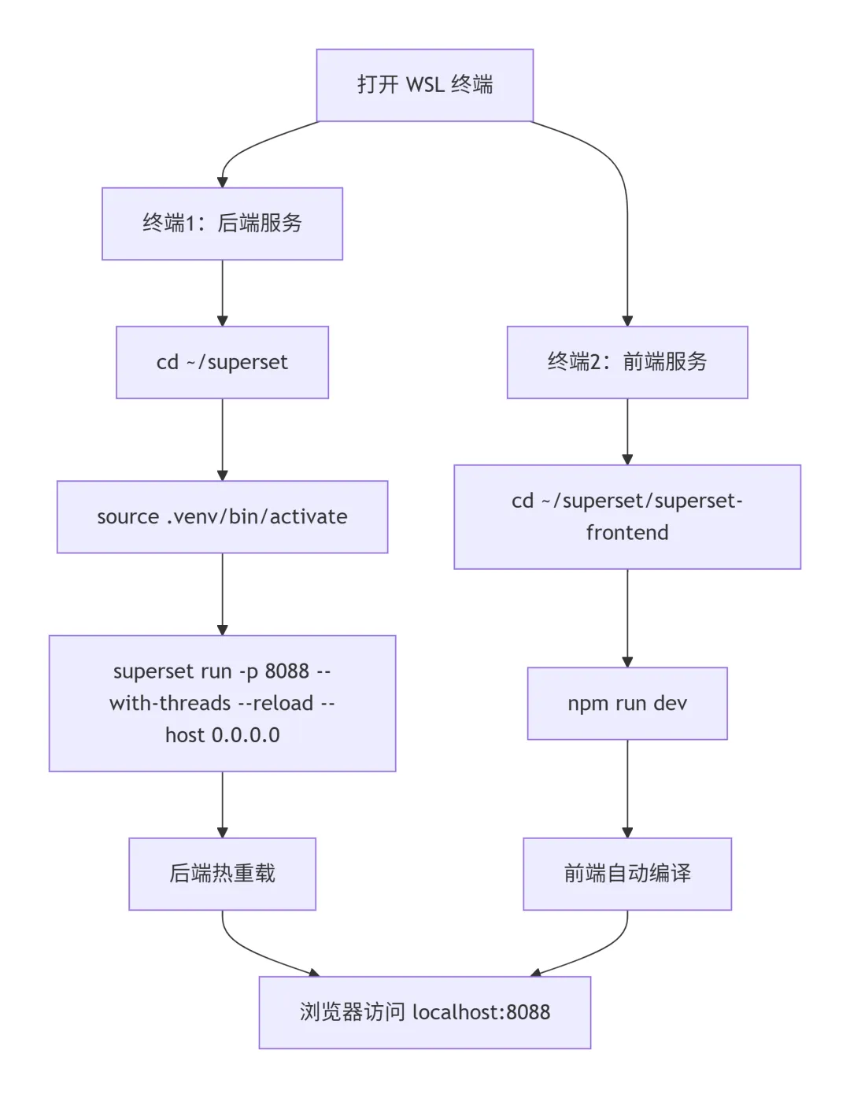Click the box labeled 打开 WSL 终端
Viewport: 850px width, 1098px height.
pos(424,85)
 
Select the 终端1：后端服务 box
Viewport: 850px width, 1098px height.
pos(222,224)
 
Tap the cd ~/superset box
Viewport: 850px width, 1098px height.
pos(222,362)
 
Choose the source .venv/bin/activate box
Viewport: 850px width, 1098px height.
pos(222,516)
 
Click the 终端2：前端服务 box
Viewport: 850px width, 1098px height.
pos(627,362)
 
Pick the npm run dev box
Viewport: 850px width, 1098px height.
pos(627,703)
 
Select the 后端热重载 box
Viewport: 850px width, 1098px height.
pos(222,874)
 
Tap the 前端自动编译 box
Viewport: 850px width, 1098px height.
pos(627,874)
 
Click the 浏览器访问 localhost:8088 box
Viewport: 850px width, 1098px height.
pos(425,1012)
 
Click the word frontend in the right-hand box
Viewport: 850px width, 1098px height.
pos(627,533)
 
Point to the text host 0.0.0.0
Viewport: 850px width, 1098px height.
pos(222,734)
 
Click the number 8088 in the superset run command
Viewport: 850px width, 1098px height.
pos(286,671)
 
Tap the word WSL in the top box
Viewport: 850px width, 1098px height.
pos(424,85)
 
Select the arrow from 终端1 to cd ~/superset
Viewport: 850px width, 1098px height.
pos(222,293)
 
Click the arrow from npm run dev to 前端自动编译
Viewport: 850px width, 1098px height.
pos(627,789)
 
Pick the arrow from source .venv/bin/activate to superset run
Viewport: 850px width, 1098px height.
pos(222,594)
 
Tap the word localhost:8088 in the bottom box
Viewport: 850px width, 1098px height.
pos(482,1012)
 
